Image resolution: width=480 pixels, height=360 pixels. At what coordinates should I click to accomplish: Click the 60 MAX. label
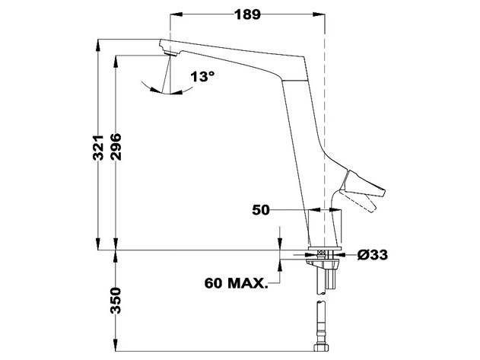point(236,285)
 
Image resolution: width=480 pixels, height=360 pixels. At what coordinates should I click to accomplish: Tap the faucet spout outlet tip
point(169,53)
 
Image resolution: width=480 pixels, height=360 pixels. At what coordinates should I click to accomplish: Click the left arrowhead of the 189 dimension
point(173,14)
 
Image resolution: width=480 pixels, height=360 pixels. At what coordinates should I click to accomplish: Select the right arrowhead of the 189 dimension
point(320,14)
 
